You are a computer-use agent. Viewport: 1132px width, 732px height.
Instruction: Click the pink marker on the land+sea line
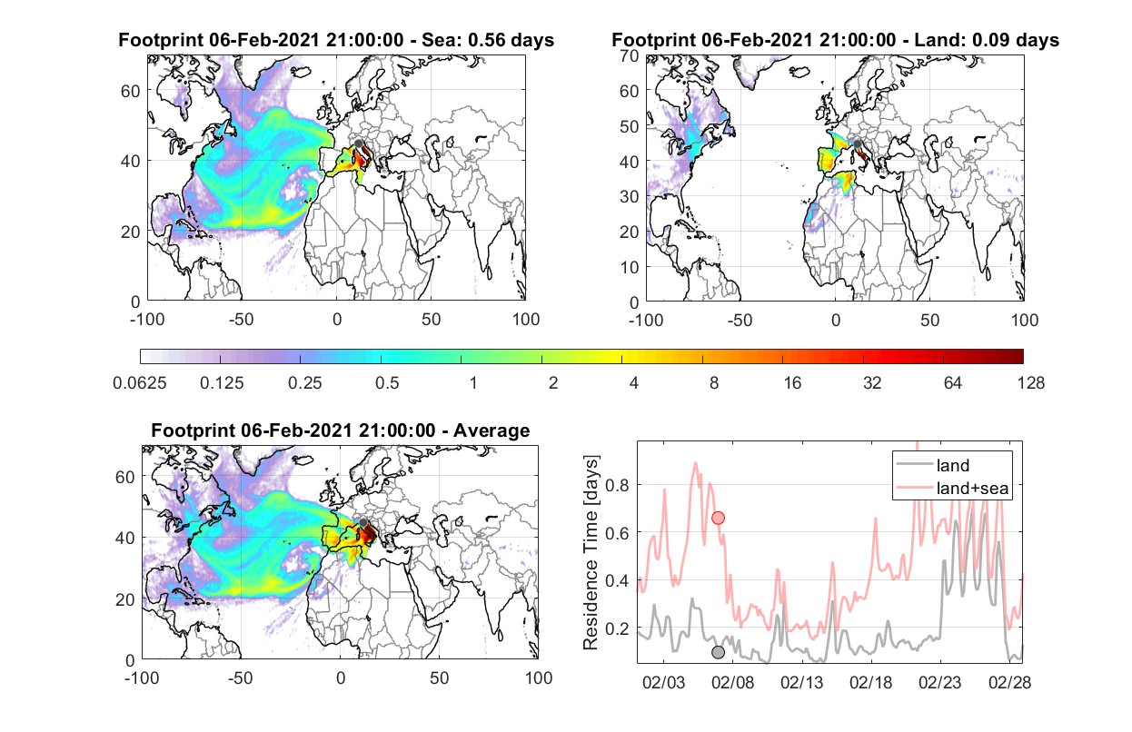point(718,518)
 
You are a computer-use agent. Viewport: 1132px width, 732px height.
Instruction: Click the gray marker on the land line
point(718,652)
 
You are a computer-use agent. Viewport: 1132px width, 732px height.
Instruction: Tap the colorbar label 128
point(1030,383)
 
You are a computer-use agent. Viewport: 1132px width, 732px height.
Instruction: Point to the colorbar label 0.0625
point(140,383)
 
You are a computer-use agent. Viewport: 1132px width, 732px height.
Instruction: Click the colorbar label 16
point(792,383)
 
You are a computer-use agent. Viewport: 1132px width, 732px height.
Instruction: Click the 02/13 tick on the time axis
point(801,682)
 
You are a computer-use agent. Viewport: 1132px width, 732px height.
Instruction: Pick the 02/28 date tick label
point(1009,682)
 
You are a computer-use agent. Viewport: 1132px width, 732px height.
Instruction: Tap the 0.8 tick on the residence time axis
point(617,485)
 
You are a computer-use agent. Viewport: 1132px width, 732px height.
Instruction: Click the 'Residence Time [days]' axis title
point(591,553)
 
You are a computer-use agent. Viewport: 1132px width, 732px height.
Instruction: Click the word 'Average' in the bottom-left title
point(492,430)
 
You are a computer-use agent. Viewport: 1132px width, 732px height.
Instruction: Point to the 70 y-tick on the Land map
point(630,55)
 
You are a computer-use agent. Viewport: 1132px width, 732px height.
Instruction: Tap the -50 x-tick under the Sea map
point(241,320)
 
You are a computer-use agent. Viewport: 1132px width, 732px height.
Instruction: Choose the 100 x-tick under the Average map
point(538,678)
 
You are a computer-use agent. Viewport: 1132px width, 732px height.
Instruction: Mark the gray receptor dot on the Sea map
point(359,143)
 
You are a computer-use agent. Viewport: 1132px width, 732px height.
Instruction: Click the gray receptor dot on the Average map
point(363,522)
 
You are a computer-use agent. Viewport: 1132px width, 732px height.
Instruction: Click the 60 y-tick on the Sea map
point(130,91)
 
